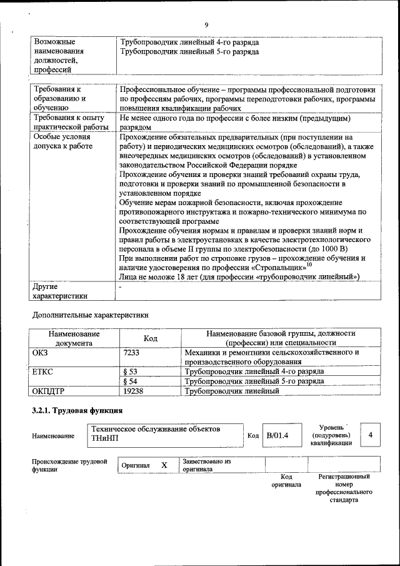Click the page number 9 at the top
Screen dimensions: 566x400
click(206, 25)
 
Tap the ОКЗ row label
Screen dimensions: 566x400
click(40, 353)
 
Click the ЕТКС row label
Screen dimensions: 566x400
click(42, 371)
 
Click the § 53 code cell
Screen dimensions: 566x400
click(131, 371)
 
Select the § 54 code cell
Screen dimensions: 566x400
click(131, 382)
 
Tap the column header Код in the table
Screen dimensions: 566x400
click(150, 338)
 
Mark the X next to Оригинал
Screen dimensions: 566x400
click(164, 465)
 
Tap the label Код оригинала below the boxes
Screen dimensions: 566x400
click(286, 480)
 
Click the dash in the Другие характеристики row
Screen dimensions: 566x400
click(120, 286)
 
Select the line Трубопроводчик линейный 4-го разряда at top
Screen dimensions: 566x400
click(189, 42)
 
